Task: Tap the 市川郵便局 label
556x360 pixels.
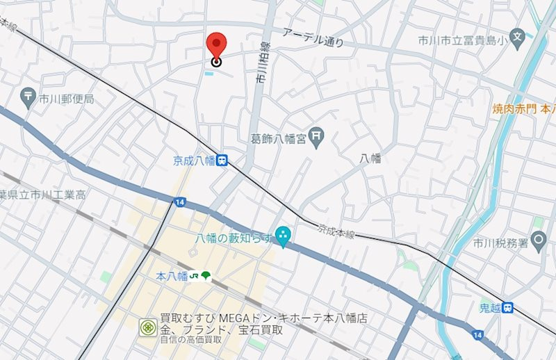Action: point(66,99)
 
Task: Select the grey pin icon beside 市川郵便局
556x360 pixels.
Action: point(28,98)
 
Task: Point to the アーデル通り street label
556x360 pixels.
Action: point(313,38)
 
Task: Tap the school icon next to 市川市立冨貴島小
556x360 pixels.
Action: point(516,36)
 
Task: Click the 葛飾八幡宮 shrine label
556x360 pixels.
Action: point(278,138)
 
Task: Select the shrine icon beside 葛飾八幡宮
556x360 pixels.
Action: point(317,138)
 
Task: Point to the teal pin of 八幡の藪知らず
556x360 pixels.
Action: point(283,237)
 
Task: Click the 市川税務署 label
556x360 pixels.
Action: point(498,243)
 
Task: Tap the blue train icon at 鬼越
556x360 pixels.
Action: point(509,306)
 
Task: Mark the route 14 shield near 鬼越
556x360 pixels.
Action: point(477,335)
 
